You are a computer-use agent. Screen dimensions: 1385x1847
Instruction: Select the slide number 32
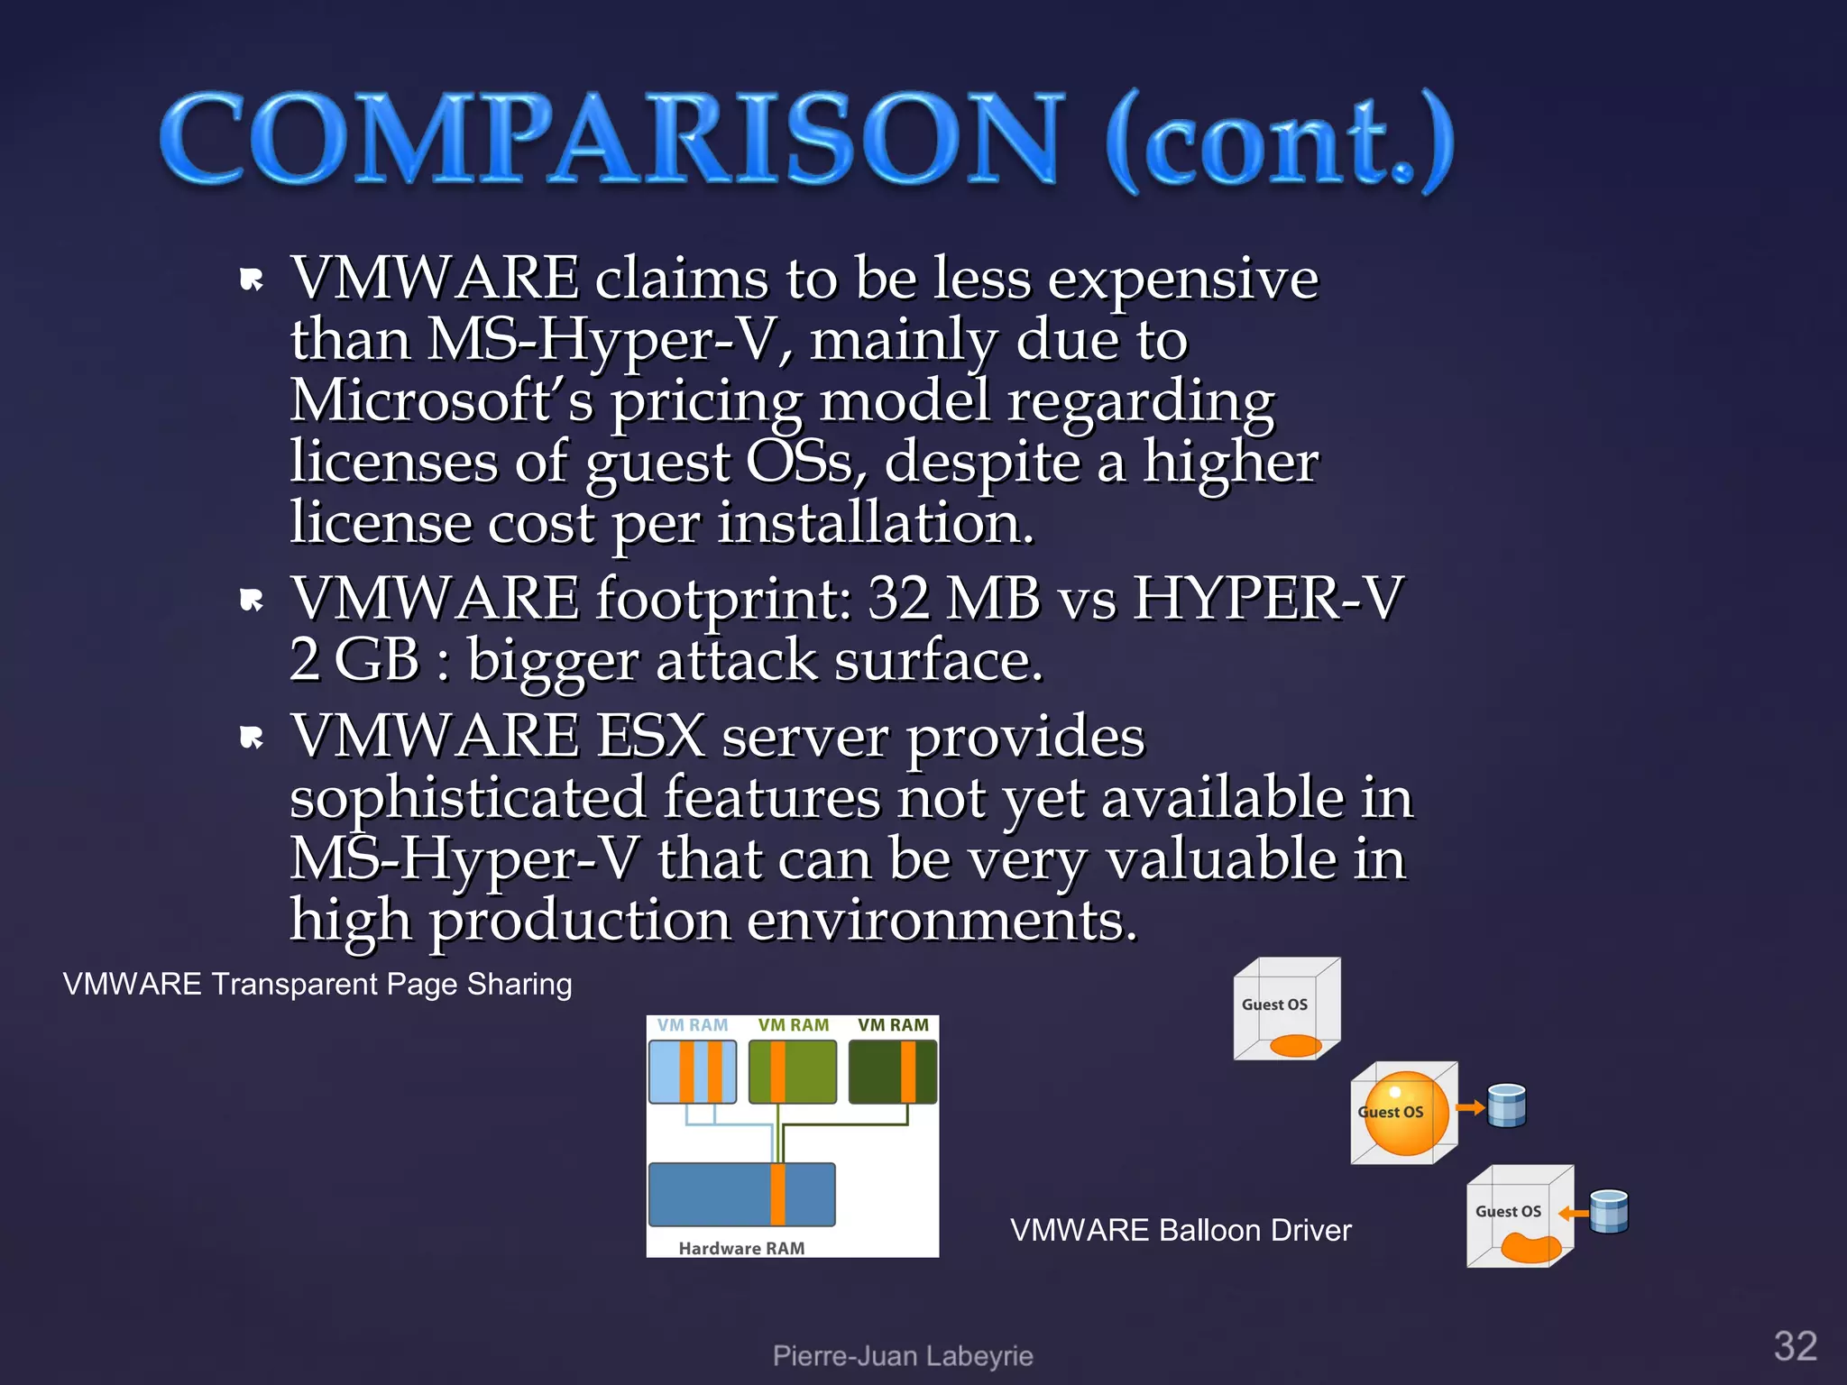point(1795,1346)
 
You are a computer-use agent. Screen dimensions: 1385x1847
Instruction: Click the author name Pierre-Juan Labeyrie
point(903,1355)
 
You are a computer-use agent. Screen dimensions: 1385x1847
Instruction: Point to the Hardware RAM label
point(741,1248)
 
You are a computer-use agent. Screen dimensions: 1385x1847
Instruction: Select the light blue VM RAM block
point(693,1071)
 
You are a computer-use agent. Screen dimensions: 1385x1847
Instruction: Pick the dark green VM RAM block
point(893,1071)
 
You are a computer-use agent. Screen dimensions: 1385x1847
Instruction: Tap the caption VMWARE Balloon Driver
point(1181,1230)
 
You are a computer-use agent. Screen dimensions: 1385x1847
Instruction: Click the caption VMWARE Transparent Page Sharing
point(317,984)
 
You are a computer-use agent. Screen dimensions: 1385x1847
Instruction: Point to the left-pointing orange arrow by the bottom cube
point(1573,1213)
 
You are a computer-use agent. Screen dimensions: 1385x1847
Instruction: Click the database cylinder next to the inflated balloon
point(1506,1105)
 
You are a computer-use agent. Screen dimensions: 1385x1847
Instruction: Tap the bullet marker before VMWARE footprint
point(252,600)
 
